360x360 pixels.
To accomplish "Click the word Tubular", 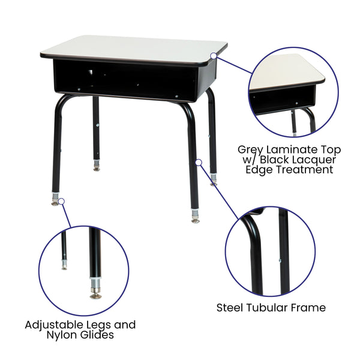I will coord(272,308).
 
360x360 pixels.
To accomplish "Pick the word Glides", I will coord(97,335).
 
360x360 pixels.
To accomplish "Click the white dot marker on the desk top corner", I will coord(214,56).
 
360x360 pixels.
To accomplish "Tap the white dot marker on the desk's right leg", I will coord(198,161).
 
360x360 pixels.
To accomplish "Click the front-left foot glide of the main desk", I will coord(56,201).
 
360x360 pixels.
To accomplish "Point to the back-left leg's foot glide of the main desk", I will coord(97,166).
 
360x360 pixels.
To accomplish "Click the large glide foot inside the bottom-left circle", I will coord(95,291).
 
